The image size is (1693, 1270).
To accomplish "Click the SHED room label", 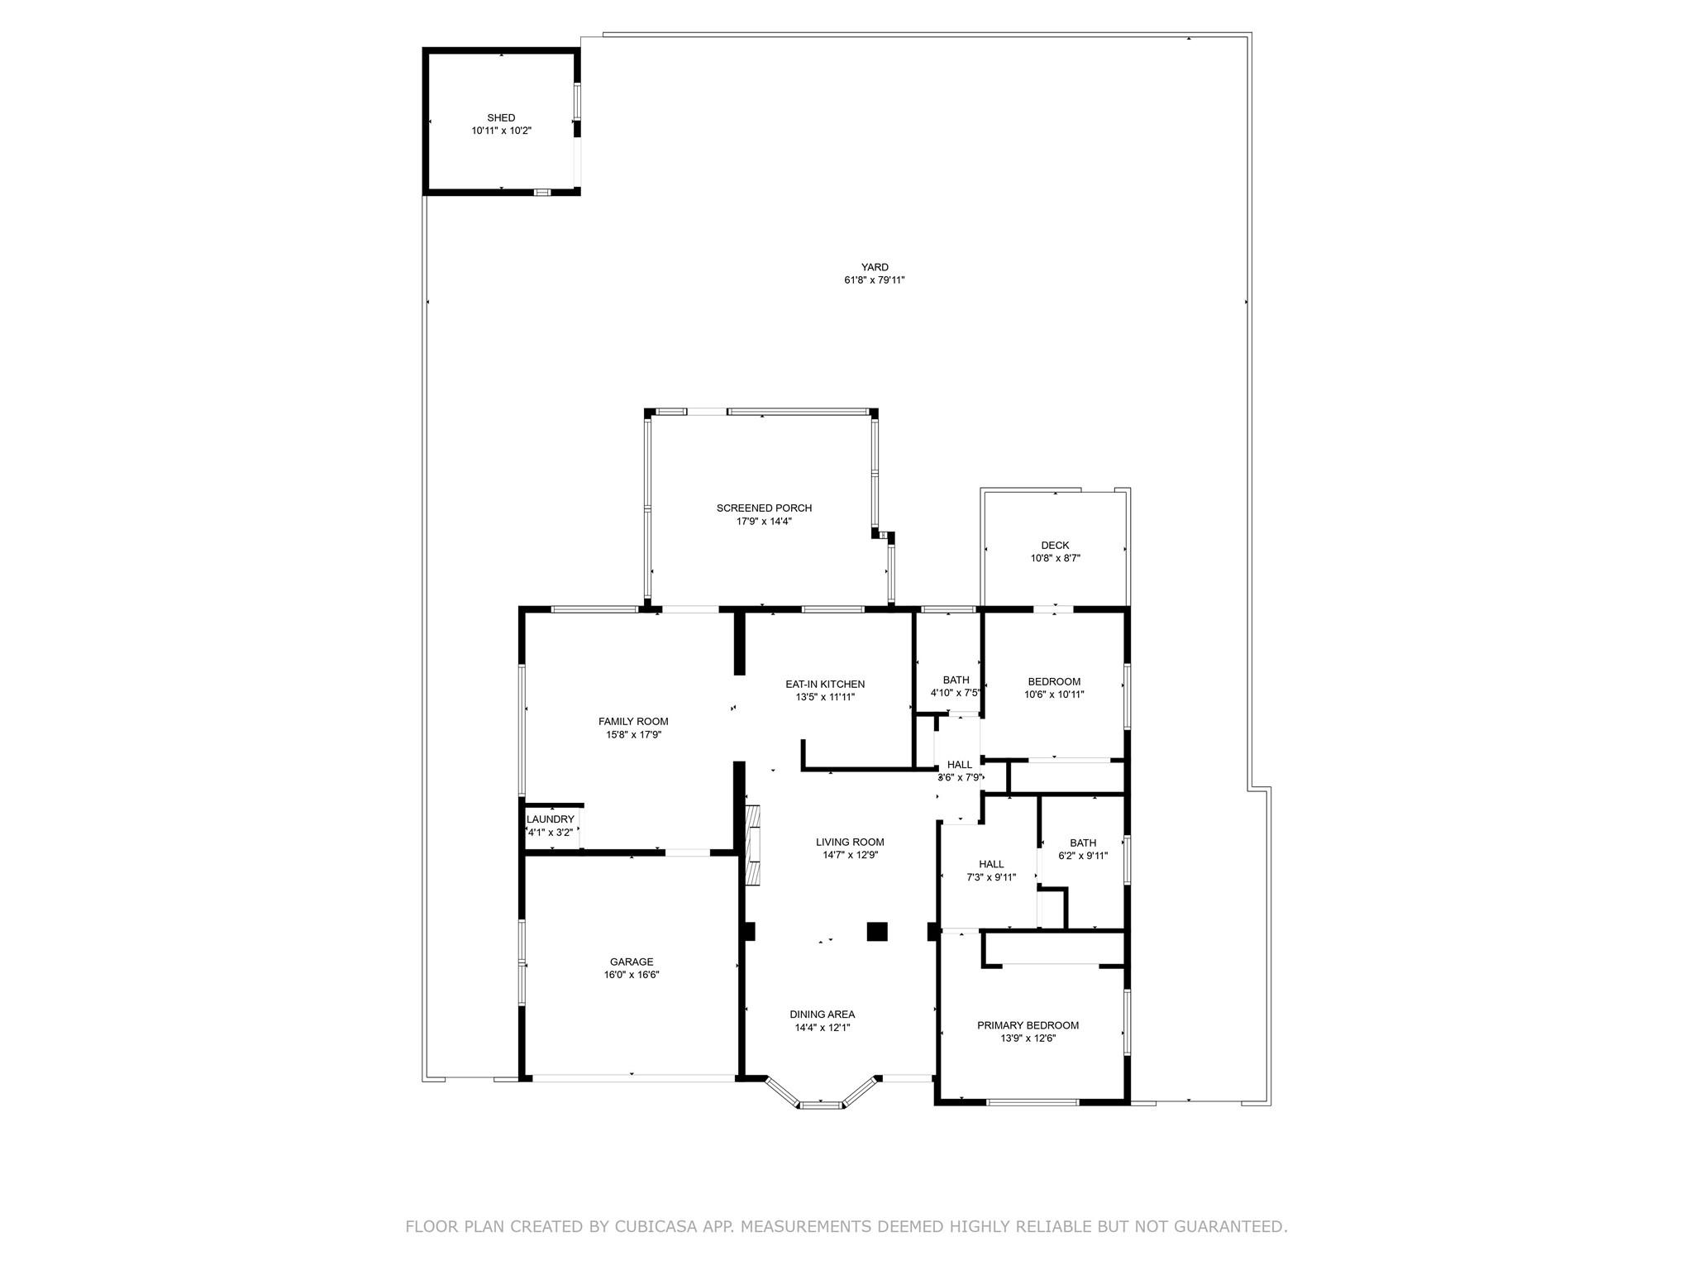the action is [501, 118].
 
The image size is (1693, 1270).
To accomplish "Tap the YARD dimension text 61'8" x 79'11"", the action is [875, 280].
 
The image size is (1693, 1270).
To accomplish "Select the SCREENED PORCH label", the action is [764, 508].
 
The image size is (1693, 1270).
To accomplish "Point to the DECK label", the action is [1055, 546].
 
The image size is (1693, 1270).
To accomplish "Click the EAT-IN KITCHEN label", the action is [825, 685].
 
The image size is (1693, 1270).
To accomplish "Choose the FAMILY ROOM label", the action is [633, 722].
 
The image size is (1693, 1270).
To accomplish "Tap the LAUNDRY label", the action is [551, 819].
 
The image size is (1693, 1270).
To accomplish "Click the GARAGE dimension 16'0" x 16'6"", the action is [632, 975].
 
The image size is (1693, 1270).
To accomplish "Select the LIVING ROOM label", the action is [850, 843].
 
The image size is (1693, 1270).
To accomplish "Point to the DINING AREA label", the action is [822, 1015].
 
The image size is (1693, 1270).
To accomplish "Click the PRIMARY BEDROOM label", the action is [1028, 1025].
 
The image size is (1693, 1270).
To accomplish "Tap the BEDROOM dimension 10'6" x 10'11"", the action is [1054, 695].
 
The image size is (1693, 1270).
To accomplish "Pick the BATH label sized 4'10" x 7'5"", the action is [956, 680].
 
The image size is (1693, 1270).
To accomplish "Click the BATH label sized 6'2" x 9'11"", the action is [1083, 843].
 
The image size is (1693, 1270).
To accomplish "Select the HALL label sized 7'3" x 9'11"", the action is [991, 865].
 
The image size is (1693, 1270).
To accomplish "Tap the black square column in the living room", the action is [877, 931].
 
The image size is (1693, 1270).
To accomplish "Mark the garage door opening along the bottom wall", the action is [632, 1077].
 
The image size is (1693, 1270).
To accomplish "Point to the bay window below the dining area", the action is [821, 1093].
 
